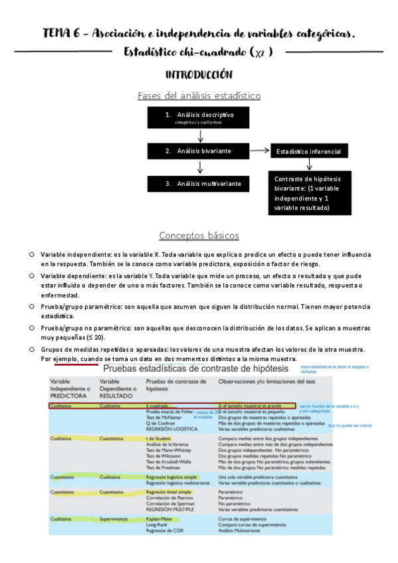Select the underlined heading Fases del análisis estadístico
(x=199, y=96)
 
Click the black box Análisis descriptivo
(x=199, y=118)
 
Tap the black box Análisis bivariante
(x=199, y=151)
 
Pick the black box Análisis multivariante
(x=199, y=183)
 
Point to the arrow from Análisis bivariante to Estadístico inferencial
(x=260, y=152)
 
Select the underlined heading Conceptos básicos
(x=199, y=236)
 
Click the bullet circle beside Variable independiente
(x=31, y=255)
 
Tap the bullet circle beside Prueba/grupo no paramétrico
(x=31, y=328)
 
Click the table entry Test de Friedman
(x=164, y=468)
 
